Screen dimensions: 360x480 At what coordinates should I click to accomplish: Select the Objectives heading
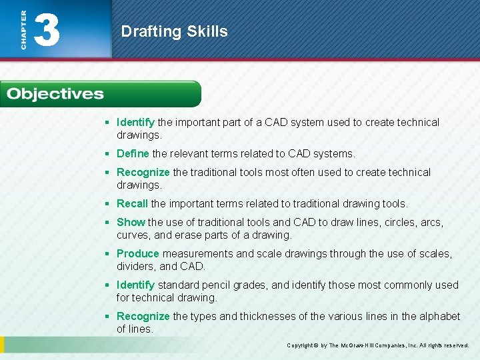point(55,94)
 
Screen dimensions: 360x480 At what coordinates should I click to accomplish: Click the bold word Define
point(133,153)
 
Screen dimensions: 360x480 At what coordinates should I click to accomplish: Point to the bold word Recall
point(132,203)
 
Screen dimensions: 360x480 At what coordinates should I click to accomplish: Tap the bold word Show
point(131,222)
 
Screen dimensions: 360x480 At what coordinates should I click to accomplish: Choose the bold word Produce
point(137,253)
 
